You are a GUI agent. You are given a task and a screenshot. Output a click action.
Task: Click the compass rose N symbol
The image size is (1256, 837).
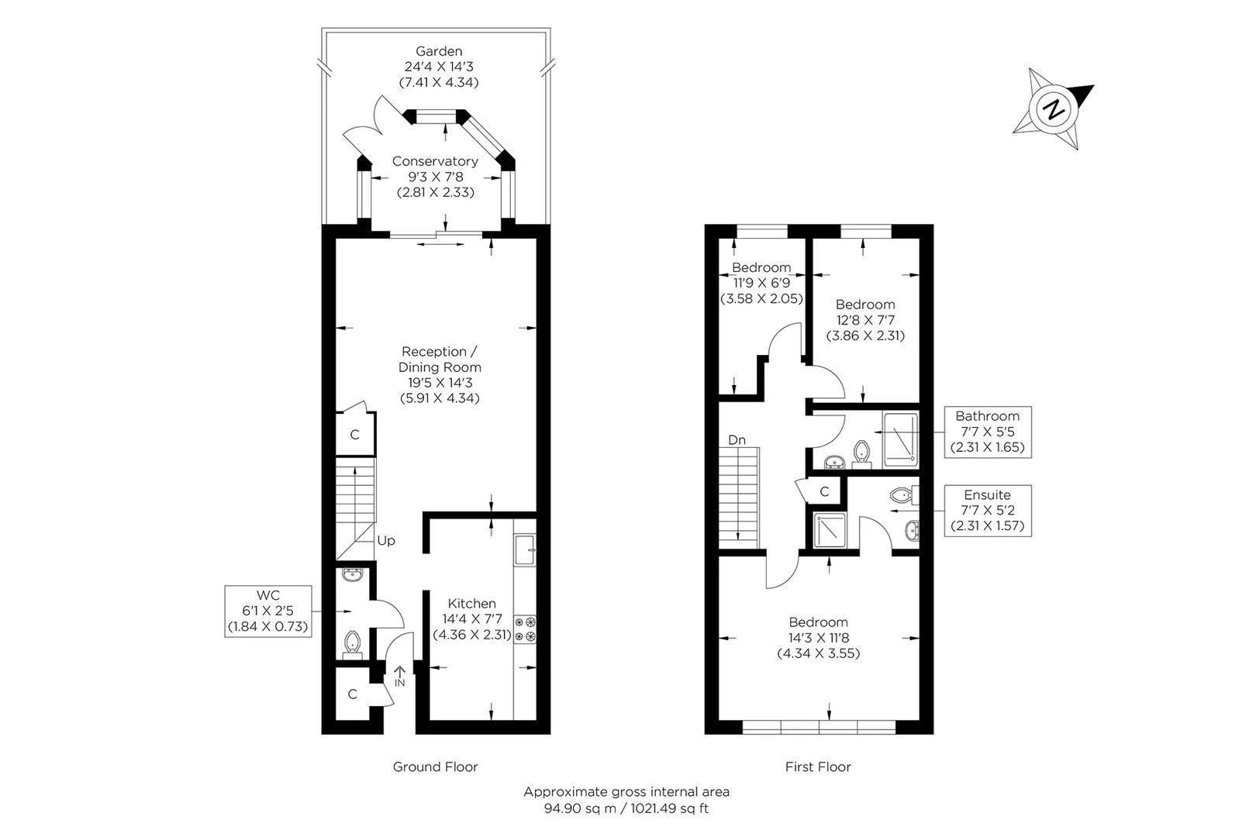[1053, 109]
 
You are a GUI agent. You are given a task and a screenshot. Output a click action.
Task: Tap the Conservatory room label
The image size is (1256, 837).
[434, 161]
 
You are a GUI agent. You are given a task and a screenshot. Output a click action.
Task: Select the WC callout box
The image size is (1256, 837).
[268, 611]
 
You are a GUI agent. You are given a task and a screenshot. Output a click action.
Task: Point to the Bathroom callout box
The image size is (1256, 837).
[987, 432]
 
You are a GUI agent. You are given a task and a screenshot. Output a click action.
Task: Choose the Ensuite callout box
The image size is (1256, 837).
[987, 510]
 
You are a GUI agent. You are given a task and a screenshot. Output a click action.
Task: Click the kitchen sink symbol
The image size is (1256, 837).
[525, 550]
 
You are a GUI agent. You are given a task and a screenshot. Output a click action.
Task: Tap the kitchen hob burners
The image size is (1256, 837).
[525, 628]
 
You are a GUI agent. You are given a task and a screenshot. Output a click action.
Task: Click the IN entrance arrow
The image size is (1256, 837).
[399, 676]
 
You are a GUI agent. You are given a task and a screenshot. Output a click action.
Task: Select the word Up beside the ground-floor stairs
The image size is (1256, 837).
[386, 540]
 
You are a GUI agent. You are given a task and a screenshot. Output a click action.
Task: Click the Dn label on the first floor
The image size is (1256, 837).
[737, 439]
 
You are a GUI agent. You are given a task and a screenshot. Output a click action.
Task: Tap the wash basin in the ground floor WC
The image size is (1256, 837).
[354, 577]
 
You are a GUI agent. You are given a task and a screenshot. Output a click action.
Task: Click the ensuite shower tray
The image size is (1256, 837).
[830, 529]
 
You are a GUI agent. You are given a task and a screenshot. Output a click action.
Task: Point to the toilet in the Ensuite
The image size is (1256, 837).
[903, 494]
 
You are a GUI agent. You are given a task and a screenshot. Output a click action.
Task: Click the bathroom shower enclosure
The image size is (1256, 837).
[900, 439]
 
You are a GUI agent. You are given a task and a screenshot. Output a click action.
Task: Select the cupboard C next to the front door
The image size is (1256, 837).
[353, 694]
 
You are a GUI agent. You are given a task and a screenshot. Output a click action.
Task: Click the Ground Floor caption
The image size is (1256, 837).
[435, 766]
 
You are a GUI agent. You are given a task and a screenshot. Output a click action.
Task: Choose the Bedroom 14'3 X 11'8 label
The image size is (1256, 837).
[818, 637]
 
